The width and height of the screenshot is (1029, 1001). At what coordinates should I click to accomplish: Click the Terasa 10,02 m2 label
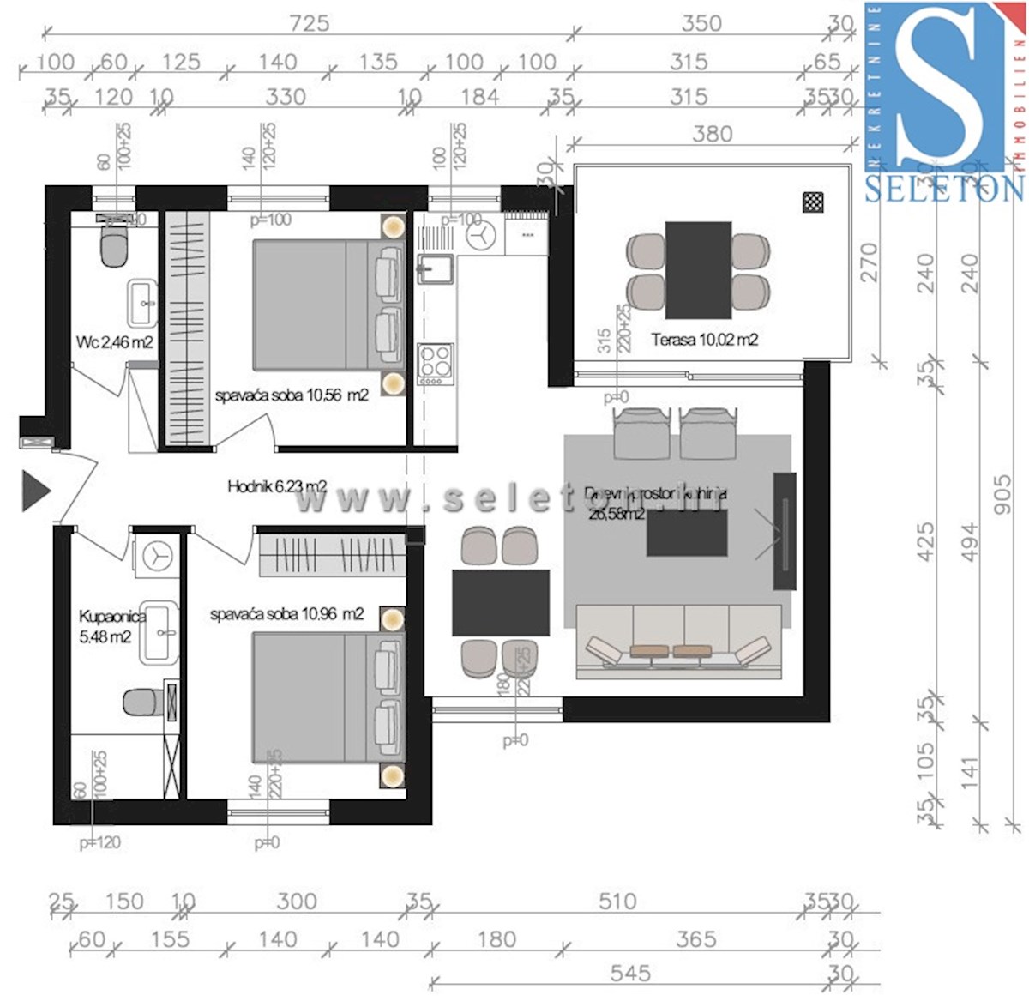[x=704, y=340]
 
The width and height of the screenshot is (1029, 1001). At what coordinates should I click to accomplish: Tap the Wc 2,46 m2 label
[x=114, y=342]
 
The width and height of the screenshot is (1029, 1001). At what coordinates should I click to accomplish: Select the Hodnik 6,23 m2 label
[x=276, y=486]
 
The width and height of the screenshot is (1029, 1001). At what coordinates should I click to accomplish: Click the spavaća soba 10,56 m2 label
[x=292, y=395]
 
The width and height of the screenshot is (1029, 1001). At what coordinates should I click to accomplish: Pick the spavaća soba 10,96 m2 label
[x=286, y=614]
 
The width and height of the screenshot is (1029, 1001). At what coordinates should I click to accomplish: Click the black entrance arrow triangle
[x=35, y=490]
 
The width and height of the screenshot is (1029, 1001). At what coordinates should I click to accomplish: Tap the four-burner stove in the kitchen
[x=435, y=364]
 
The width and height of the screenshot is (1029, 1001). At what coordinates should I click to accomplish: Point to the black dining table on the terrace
[x=698, y=269]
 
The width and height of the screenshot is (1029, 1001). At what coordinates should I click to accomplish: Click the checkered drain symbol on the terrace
[x=813, y=202]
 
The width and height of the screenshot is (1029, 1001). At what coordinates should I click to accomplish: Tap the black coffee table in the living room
[x=687, y=533]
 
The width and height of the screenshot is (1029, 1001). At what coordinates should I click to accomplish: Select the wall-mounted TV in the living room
[x=784, y=530]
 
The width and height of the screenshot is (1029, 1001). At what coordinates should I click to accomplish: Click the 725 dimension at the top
[x=309, y=22]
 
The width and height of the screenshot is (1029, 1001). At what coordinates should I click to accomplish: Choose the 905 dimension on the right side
[x=1002, y=495]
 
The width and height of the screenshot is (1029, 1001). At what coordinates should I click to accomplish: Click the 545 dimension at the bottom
[x=630, y=973]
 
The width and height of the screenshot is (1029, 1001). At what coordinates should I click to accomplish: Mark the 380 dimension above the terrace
[x=712, y=134]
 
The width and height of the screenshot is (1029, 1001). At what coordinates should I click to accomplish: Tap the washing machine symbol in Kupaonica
[x=158, y=555]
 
